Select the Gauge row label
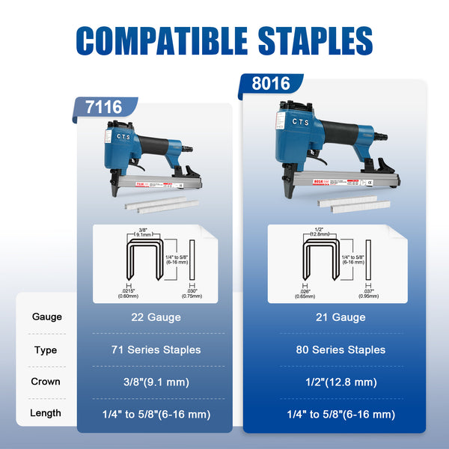[x=46, y=317]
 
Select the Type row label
[x=46, y=349]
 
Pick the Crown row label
[x=46, y=381]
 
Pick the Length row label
[x=46, y=413]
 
